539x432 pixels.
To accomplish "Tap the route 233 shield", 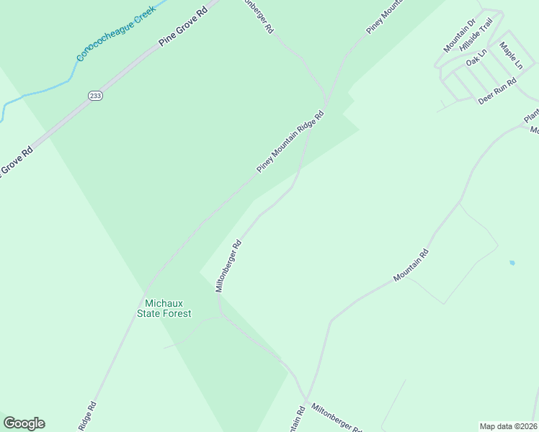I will click(x=95, y=96).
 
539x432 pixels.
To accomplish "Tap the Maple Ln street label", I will click(x=511, y=55).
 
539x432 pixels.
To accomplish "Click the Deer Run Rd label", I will click(x=498, y=92).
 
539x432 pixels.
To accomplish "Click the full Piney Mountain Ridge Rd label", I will click(x=290, y=142).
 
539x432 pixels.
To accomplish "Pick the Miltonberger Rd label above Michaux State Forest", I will click(x=228, y=266).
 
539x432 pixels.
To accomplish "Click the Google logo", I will click(x=24, y=423).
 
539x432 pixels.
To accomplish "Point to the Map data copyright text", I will click(x=509, y=426).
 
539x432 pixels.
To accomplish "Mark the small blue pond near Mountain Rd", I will click(x=512, y=263).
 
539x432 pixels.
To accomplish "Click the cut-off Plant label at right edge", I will click(x=531, y=114).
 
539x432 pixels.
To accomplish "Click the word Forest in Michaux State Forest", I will click(x=177, y=313).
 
